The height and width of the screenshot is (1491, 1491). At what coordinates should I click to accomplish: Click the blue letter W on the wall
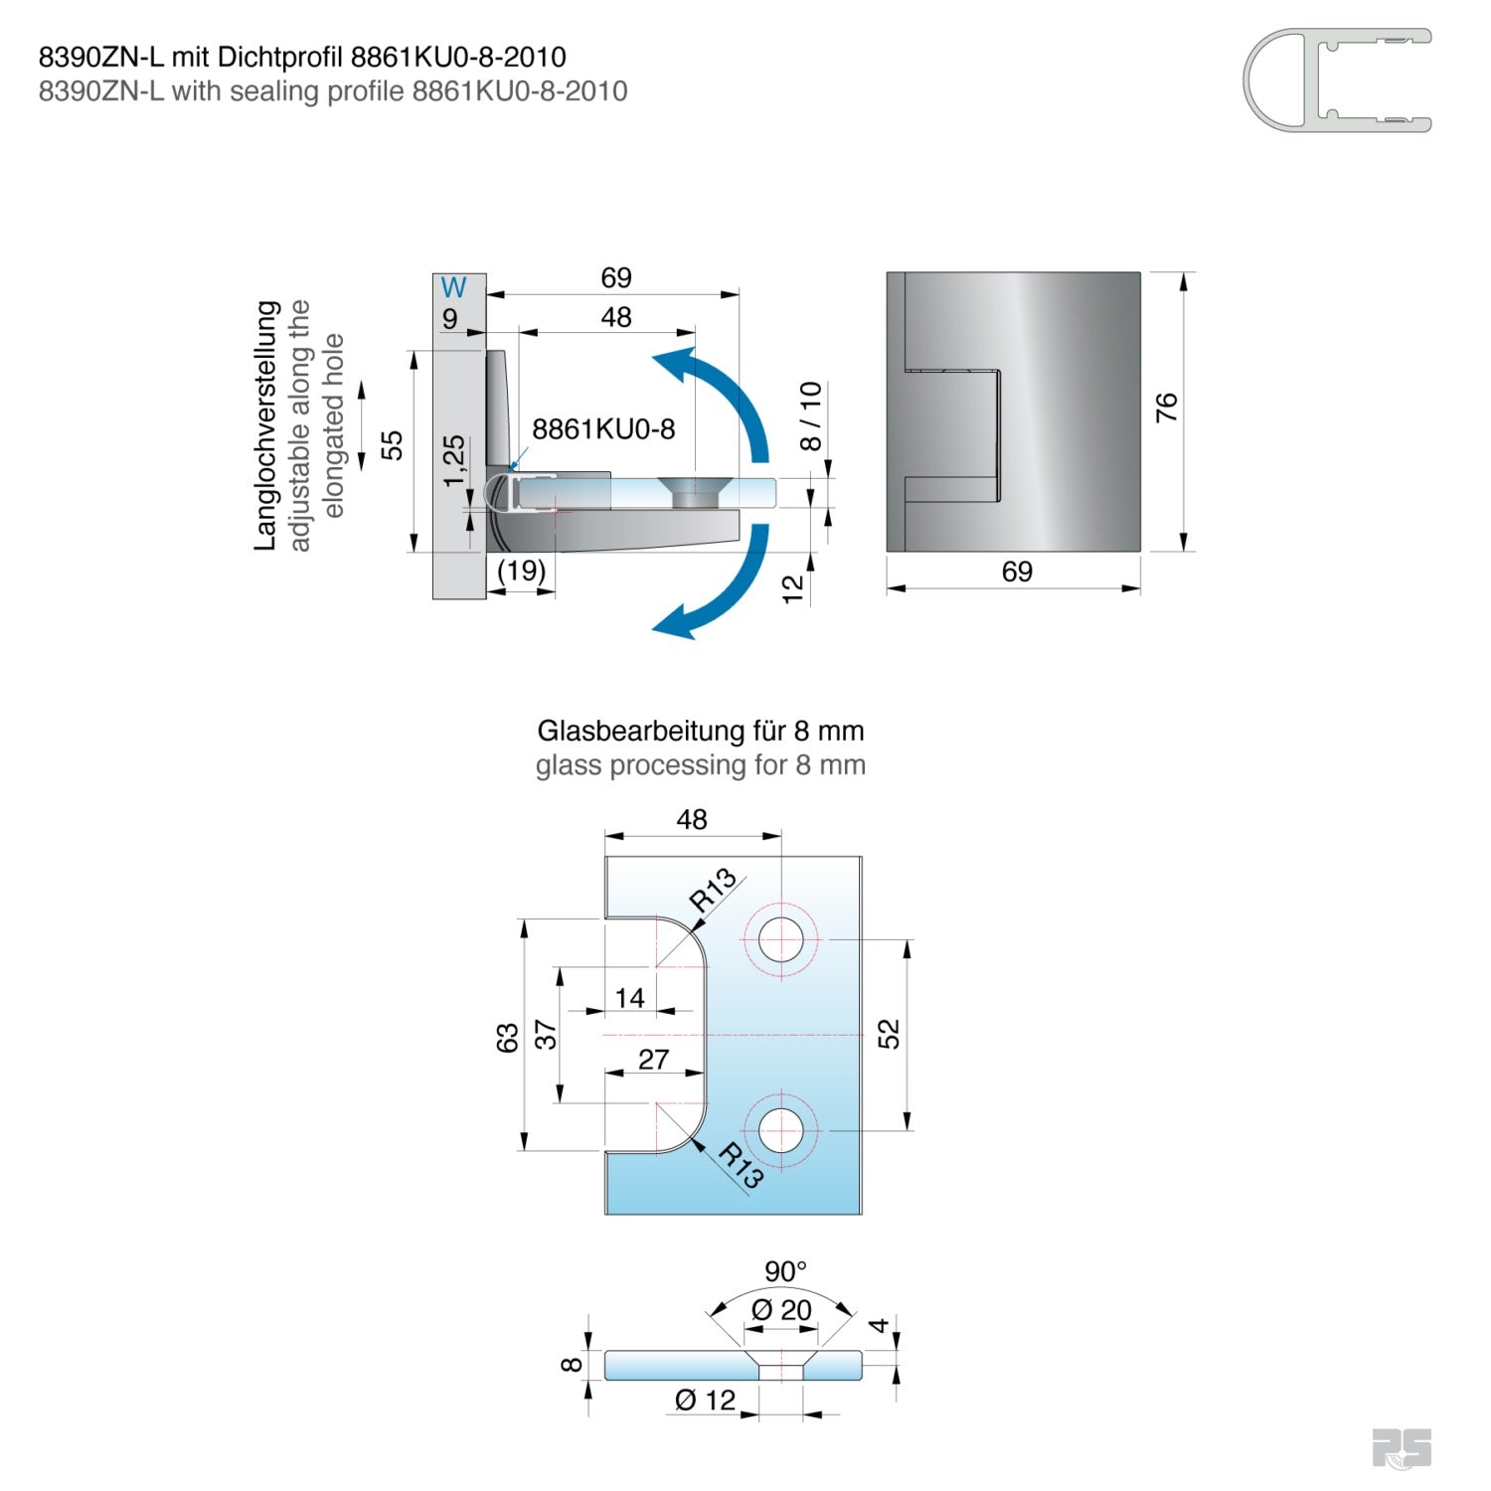(x=453, y=287)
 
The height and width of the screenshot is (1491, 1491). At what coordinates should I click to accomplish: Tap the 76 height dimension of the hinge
(x=1167, y=407)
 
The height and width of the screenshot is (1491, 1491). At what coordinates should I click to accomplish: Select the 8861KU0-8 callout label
(x=603, y=429)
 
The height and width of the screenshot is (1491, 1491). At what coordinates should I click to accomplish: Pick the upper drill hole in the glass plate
(x=781, y=939)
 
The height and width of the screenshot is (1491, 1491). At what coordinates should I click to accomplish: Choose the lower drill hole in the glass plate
(x=781, y=1130)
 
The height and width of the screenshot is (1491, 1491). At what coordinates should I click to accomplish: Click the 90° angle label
(x=785, y=1271)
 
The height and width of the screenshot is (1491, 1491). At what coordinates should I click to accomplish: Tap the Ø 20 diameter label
(x=782, y=1310)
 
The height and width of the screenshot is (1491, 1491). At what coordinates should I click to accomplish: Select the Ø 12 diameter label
(x=706, y=1401)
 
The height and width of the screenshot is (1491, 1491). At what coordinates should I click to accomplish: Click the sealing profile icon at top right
(x=1336, y=81)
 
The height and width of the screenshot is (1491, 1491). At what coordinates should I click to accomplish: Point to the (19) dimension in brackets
(x=522, y=571)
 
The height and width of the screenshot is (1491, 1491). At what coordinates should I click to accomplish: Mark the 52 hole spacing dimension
(x=890, y=1034)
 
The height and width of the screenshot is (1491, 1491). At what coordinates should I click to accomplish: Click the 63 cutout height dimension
(x=508, y=1038)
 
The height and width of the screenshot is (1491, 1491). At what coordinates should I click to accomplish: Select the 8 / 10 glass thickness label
(x=811, y=415)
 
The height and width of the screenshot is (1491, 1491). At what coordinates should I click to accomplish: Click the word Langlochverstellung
(x=266, y=425)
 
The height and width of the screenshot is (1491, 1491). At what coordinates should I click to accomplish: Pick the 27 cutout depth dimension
(x=653, y=1060)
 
